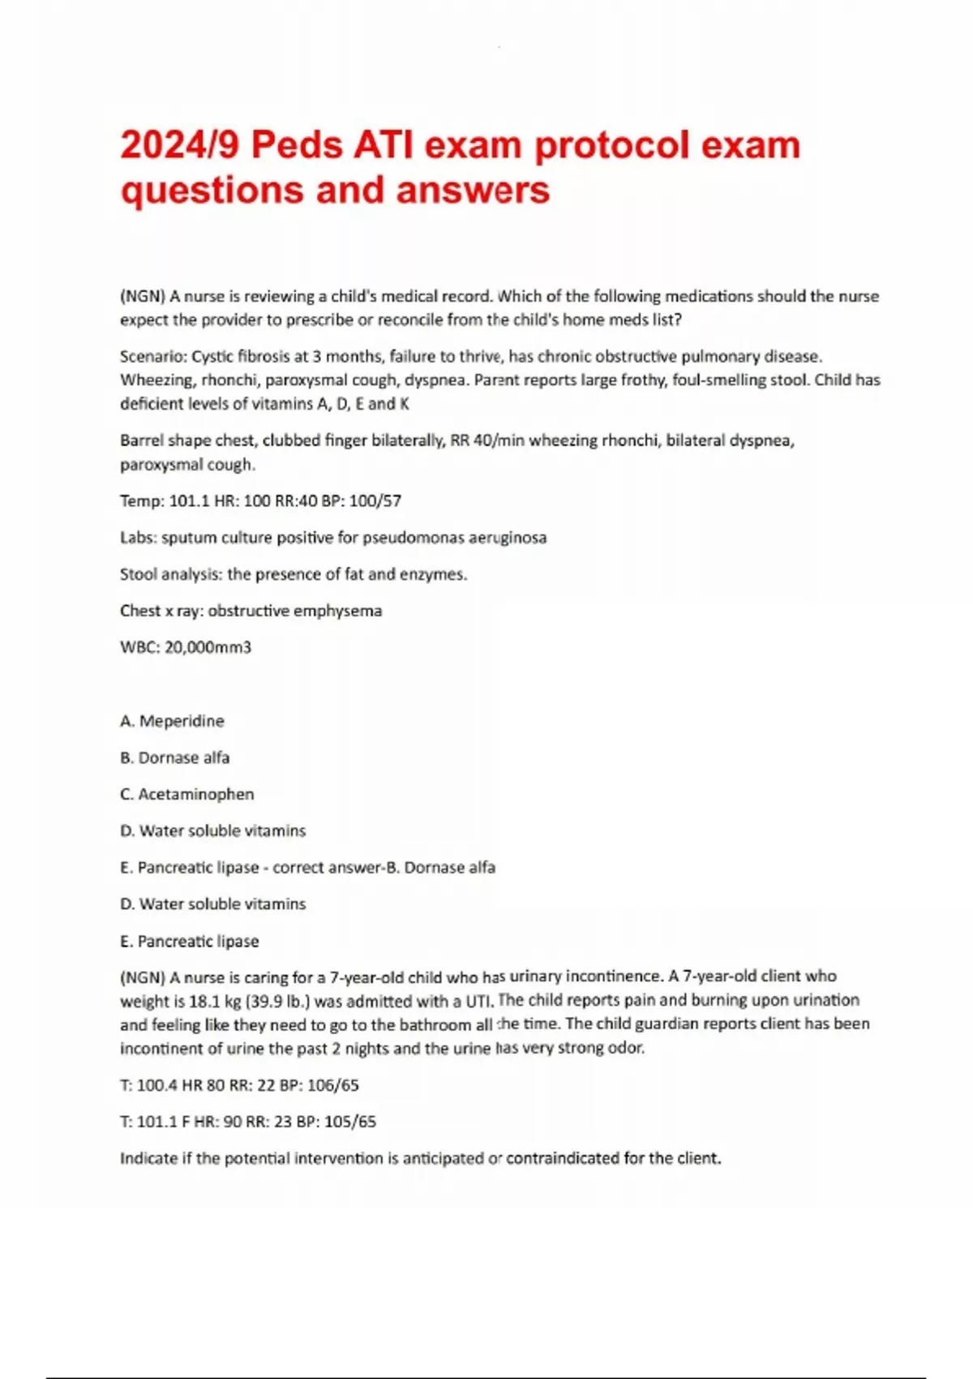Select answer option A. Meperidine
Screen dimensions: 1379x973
pyautogui.click(x=172, y=721)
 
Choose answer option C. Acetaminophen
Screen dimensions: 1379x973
pyautogui.click(x=186, y=794)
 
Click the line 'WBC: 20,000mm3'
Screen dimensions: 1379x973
pyautogui.click(x=186, y=647)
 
